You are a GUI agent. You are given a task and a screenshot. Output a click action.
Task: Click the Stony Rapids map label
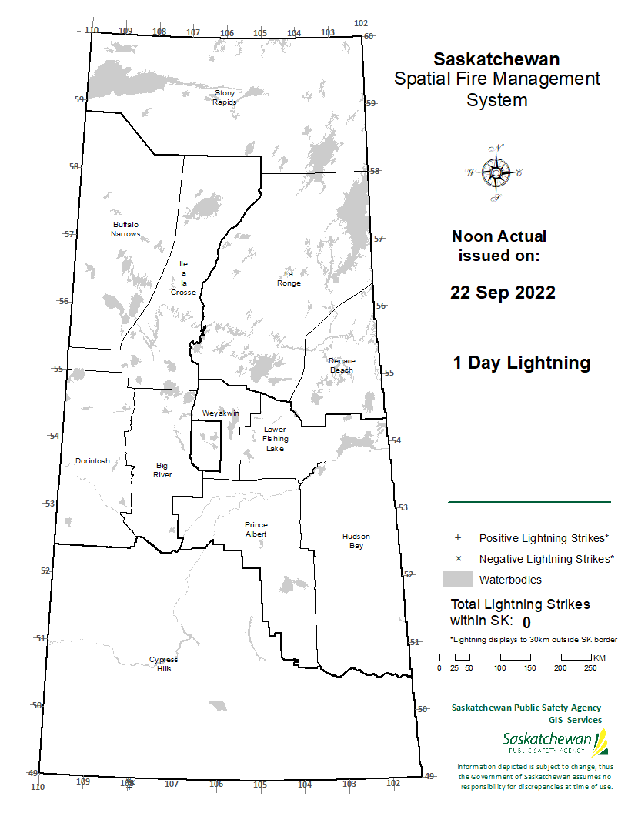tap(225, 97)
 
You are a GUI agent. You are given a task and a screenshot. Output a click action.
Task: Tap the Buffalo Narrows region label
tap(125, 229)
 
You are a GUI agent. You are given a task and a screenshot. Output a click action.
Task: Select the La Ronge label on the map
tap(289, 279)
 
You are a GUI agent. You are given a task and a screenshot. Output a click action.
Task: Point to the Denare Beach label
tap(342, 365)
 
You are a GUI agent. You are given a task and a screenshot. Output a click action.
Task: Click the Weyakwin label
tap(221, 413)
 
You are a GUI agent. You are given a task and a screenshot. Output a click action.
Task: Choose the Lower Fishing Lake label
tap(275, 439)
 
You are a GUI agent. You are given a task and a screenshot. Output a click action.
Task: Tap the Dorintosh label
tap(92, 461)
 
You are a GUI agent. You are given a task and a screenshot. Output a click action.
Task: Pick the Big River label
tap(162, 470)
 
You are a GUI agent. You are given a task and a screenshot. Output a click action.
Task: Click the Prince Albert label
tap(256, 529)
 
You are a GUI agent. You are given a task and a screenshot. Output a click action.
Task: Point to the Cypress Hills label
tap(163, 664)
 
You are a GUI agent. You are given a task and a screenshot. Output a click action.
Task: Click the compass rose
tap(496, 172)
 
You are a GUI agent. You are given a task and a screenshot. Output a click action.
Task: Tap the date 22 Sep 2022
tap(503, 293)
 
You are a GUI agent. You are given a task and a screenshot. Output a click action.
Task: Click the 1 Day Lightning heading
tap(522, 363)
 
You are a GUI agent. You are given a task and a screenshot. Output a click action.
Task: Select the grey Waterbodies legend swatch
tap(457, 579)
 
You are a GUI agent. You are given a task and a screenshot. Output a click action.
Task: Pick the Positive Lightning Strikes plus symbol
tap(457, 537)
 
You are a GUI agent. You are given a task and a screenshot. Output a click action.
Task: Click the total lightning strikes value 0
tap(526, 622)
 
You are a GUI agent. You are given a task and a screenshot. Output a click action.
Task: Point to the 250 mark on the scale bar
tap(590, 667)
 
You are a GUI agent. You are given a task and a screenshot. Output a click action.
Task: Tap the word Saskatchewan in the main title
tap(496, 59)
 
